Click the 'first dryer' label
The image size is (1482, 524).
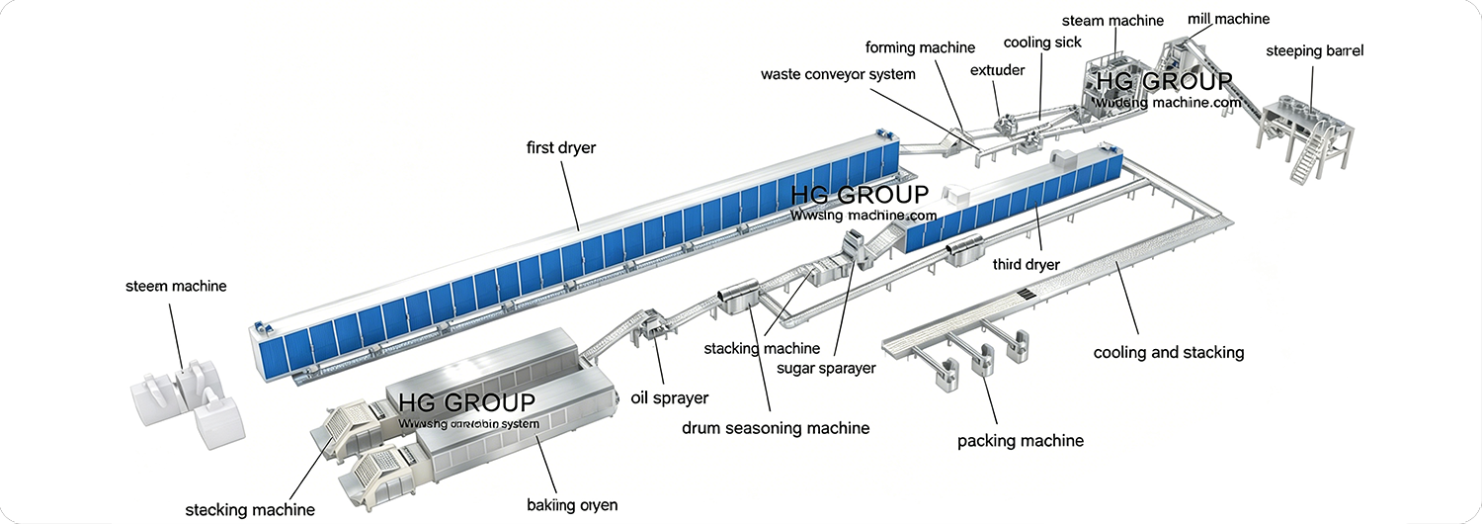click(560, 148)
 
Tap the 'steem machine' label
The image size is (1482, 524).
click(176, 287)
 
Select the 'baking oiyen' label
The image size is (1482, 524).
click(572, 505)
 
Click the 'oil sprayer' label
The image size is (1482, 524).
click(669, 398)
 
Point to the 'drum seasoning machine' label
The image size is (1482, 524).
click(776, 428)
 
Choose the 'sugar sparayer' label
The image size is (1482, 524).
click(826, 369)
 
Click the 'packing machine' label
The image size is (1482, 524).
click(1021, 441)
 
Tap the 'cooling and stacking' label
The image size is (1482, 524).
click(1168, 352)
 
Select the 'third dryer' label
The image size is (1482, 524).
click(1026, 265)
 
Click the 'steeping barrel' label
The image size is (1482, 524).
click(1314, 51)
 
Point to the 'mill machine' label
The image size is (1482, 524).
click(1228, 19)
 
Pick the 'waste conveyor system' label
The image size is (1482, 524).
click(838, 74)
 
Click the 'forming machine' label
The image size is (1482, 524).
click(920, 47)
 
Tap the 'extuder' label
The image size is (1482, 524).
click(997, 70)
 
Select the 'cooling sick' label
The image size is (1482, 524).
click(1042, 43)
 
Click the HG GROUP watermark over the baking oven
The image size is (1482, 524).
click(466, 402)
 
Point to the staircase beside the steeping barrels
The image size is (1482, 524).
click(1308, 159)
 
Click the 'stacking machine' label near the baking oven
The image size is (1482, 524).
click(251, 510)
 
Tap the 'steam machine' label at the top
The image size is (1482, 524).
click(1112, 21)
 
